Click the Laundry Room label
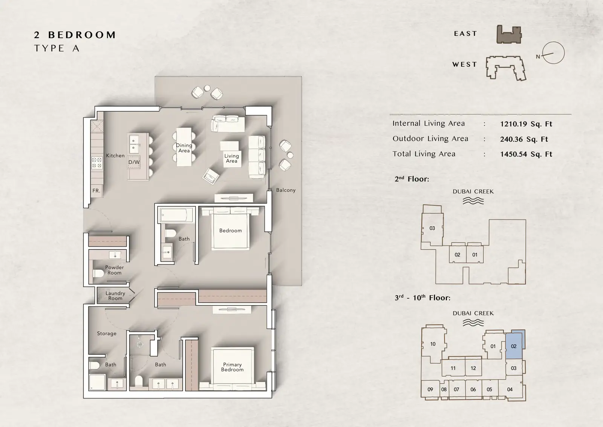(115, 295)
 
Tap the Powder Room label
(115, 270)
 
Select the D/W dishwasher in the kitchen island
(134, 162)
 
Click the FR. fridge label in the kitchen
(96, 191)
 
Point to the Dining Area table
(184, 147)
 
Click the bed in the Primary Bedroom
(233, 369)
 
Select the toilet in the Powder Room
(98, 273)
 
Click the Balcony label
(286, 190)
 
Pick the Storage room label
(107, 333)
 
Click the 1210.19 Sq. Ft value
(526, 124)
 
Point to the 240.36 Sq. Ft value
(524, 139)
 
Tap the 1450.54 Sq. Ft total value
(526, 154)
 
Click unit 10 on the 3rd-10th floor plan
(433, 344)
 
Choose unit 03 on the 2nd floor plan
(432, 228)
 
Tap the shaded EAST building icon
(509, 34)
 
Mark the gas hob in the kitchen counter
(97, 163)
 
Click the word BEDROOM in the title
(82, 35)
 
